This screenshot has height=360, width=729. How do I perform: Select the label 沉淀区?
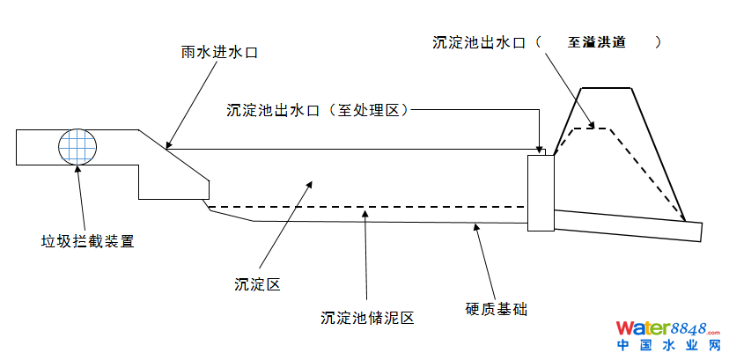click(257, 283)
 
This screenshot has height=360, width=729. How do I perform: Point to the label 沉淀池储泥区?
click(367, 317)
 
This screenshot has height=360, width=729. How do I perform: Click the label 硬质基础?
click(496, 309)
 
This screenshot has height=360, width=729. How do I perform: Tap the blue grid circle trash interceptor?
click(77, 146)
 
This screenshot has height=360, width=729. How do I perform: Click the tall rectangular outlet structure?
click(541, 193)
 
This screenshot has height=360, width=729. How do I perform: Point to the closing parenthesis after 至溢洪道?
click(659, 41)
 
